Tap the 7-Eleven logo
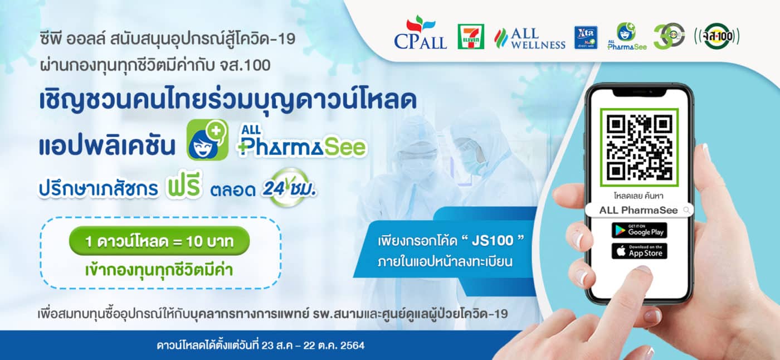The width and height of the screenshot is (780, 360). [x=471, y=37]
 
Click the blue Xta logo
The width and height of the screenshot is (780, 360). [x=586, y=37]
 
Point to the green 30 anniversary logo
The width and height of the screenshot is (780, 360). [x=669, y=36]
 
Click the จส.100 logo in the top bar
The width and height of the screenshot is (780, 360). [x=716, y=36]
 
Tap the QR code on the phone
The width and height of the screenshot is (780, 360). [x=640, y=147]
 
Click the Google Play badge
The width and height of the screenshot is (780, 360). [x=640, y=231]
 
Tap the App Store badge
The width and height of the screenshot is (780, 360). [x=640, y=251]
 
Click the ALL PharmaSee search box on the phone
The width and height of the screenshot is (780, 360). [x=640, y=210]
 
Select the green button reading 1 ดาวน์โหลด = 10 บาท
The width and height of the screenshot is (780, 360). [x=159, y=241]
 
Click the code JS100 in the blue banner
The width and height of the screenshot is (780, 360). [x=493, y=241]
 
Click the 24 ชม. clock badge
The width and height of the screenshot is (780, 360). [x=289, y=188]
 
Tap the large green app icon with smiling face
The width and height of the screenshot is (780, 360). [x=207, y=140]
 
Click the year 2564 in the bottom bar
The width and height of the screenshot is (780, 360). [x=352, y=346]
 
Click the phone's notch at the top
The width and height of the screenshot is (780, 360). [x=640, y=93]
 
